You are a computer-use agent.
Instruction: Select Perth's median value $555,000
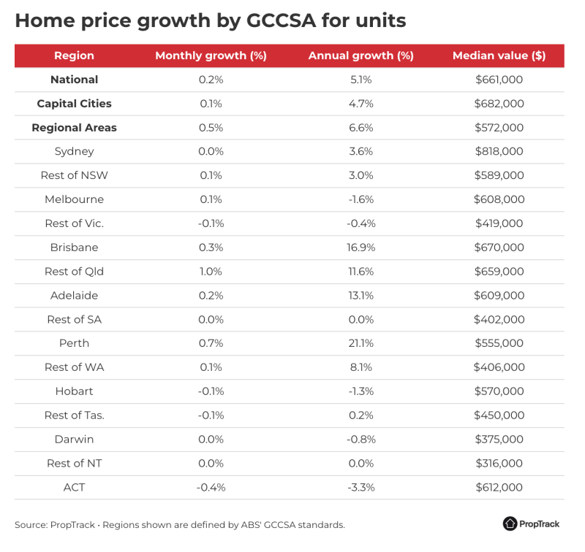pyautogui.click(x=499, y=343)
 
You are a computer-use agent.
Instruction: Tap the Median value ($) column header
pyautogui.click(x=499, y=55)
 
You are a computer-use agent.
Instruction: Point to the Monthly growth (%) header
pyautogui.click(x=211, y=55)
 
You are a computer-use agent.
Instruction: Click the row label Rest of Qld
pyautogui.click(x=74, y=272)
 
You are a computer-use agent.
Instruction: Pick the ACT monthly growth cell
pyautogui.click(x=211, y=487)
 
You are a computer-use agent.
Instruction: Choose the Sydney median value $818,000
pyautogui.click(x=499, y=151)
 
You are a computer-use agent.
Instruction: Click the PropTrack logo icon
pyautogui.click(x=510, y=524)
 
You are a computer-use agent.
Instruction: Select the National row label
pyautogui.click(x=74, y=80)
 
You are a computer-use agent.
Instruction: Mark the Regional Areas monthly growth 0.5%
pyautogui.click(x=211, y=128)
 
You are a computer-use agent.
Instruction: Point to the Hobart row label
pyautogui.click(x=74, y=391)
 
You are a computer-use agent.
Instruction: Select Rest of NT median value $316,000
pyautogui.click(x=499, y=463)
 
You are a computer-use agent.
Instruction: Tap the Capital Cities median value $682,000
pyautogui.click(x=499, y=104)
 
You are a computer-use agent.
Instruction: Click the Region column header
pyautogui.click(x=74, y=55)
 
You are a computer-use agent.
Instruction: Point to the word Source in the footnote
pyautogui.click(x=30, y=524)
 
